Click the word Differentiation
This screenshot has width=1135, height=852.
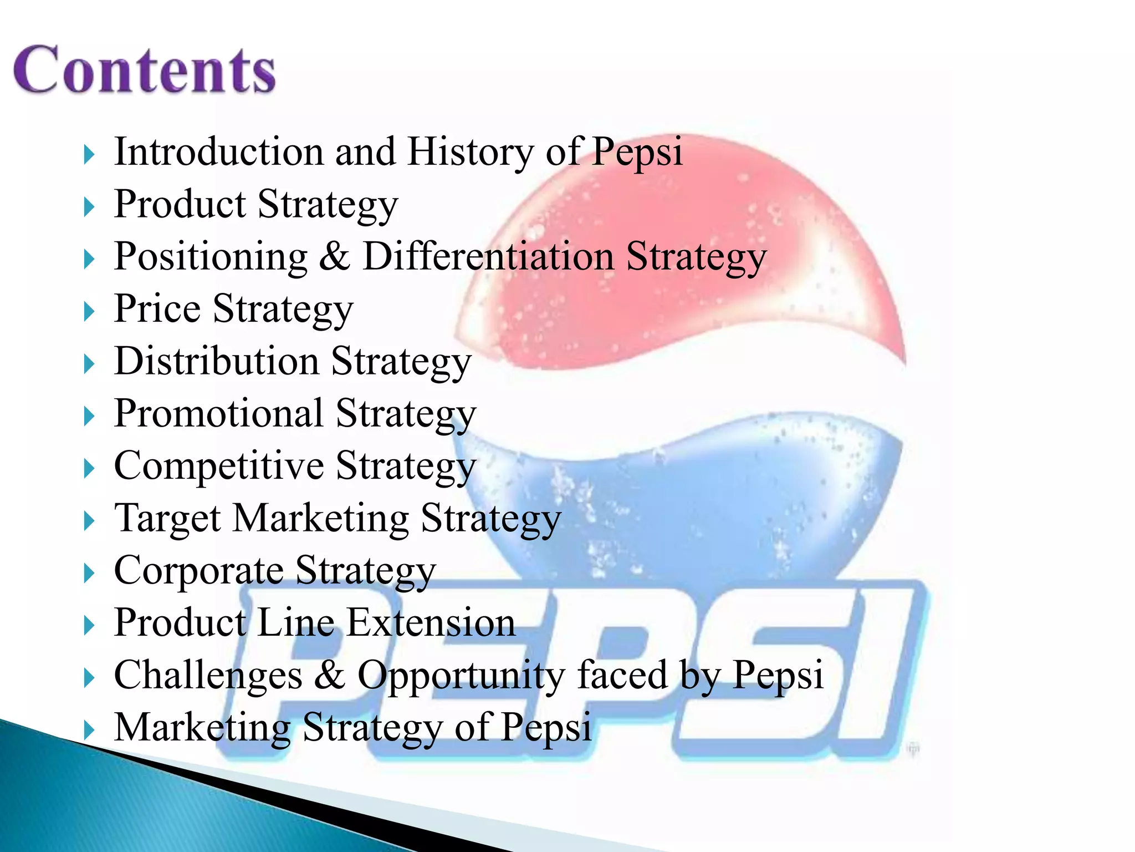[x=488, y=256]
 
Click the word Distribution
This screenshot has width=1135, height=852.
[x=216, y=361]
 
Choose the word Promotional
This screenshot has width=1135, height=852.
[x=218, y=413]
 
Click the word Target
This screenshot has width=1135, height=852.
[x=167, y=519]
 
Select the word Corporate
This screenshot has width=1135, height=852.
[x=198, y=571]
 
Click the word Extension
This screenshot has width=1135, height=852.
[x=431, y=622]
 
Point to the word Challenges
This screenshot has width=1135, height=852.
[x=208, y=676]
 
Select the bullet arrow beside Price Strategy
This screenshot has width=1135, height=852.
[x=89, y=312]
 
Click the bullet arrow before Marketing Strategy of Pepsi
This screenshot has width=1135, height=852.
[x=89, y=730]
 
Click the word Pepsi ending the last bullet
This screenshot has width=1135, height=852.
[x=546, y=728]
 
